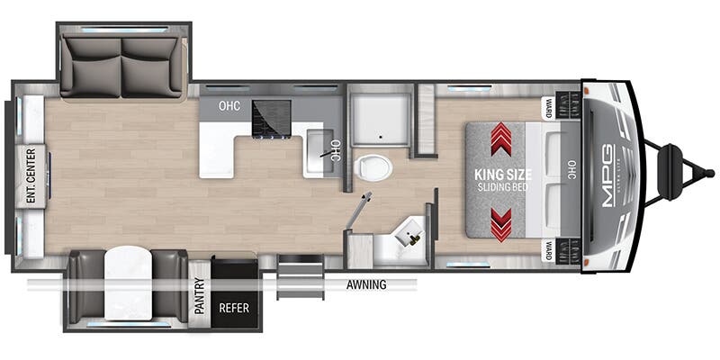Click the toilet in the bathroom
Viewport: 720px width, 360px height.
pyautogui.click(x=373, y=167)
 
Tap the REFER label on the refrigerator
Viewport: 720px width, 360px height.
pyautogui.click(x=234, y=307)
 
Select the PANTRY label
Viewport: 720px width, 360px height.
pyautogui.click(x=200, y=296)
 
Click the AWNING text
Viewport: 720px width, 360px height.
pyautogui.click(x=366, y=284)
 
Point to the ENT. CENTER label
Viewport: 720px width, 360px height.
pyautogui.click(x=31, y=175)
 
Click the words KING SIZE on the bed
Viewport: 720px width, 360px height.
pyautogui.click(x=503, y=175)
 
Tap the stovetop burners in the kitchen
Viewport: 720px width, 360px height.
pyautogui.click(x=272, y=119)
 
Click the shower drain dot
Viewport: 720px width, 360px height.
pyautogui.click(x=380, y=136)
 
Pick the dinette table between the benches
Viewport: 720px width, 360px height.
pyautogui.click(x=128, y=283)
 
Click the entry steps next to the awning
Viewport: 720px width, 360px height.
pyautogui.click(x=301, y=277)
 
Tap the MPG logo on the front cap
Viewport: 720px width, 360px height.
pyautogui.click(x=608, y=175)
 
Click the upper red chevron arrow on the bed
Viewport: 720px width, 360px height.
pyautogui.click(x=501, y=139)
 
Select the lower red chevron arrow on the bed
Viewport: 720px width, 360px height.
pyautogui.click(x=501, y=225)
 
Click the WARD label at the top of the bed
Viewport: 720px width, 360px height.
pyautogui.click(x=548, y=109)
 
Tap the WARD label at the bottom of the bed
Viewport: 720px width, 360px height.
pyautogui.click(x=548, y=250)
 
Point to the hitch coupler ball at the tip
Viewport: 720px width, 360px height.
pyautogui.click(x=710, y=173)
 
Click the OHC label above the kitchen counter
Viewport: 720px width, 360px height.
pyautogui.click(x=229, y=106)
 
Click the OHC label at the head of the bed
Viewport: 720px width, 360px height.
pyautogui.click(x=571, y=169)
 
